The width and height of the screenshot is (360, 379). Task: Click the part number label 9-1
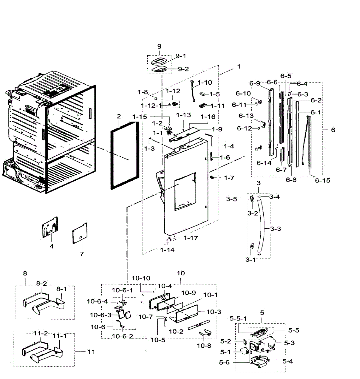pyautogui.click(x=181, y=56)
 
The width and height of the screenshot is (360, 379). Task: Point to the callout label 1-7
pyautogui.click(x=229, y=178)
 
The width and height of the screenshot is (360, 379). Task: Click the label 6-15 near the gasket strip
pyautogui.click(x=322, y=180)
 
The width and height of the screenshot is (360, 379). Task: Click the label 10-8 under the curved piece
pyautogui.click(x=204, y=346)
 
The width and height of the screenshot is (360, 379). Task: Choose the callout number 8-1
pyautogui.click(x=62, y=289)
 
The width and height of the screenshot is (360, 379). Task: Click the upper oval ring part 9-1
pyautogui.click(x=161, y=61)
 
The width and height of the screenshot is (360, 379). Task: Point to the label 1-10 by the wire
pyautogui.click(x=205, y=82)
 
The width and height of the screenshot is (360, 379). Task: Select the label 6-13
pyautogui.click(x=246, y=116)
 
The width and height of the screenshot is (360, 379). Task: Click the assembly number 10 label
pyautogui.click(x=181, y=273)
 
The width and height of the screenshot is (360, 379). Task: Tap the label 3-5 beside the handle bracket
pyautogui.click(x=232, y=199)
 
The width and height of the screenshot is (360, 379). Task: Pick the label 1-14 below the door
pyautogui.click(x=167, y=250)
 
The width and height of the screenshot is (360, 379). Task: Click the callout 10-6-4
pyautogui.click(x=97, y=302)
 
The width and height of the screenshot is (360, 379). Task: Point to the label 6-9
pyautogui.click(x=254, y=83)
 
